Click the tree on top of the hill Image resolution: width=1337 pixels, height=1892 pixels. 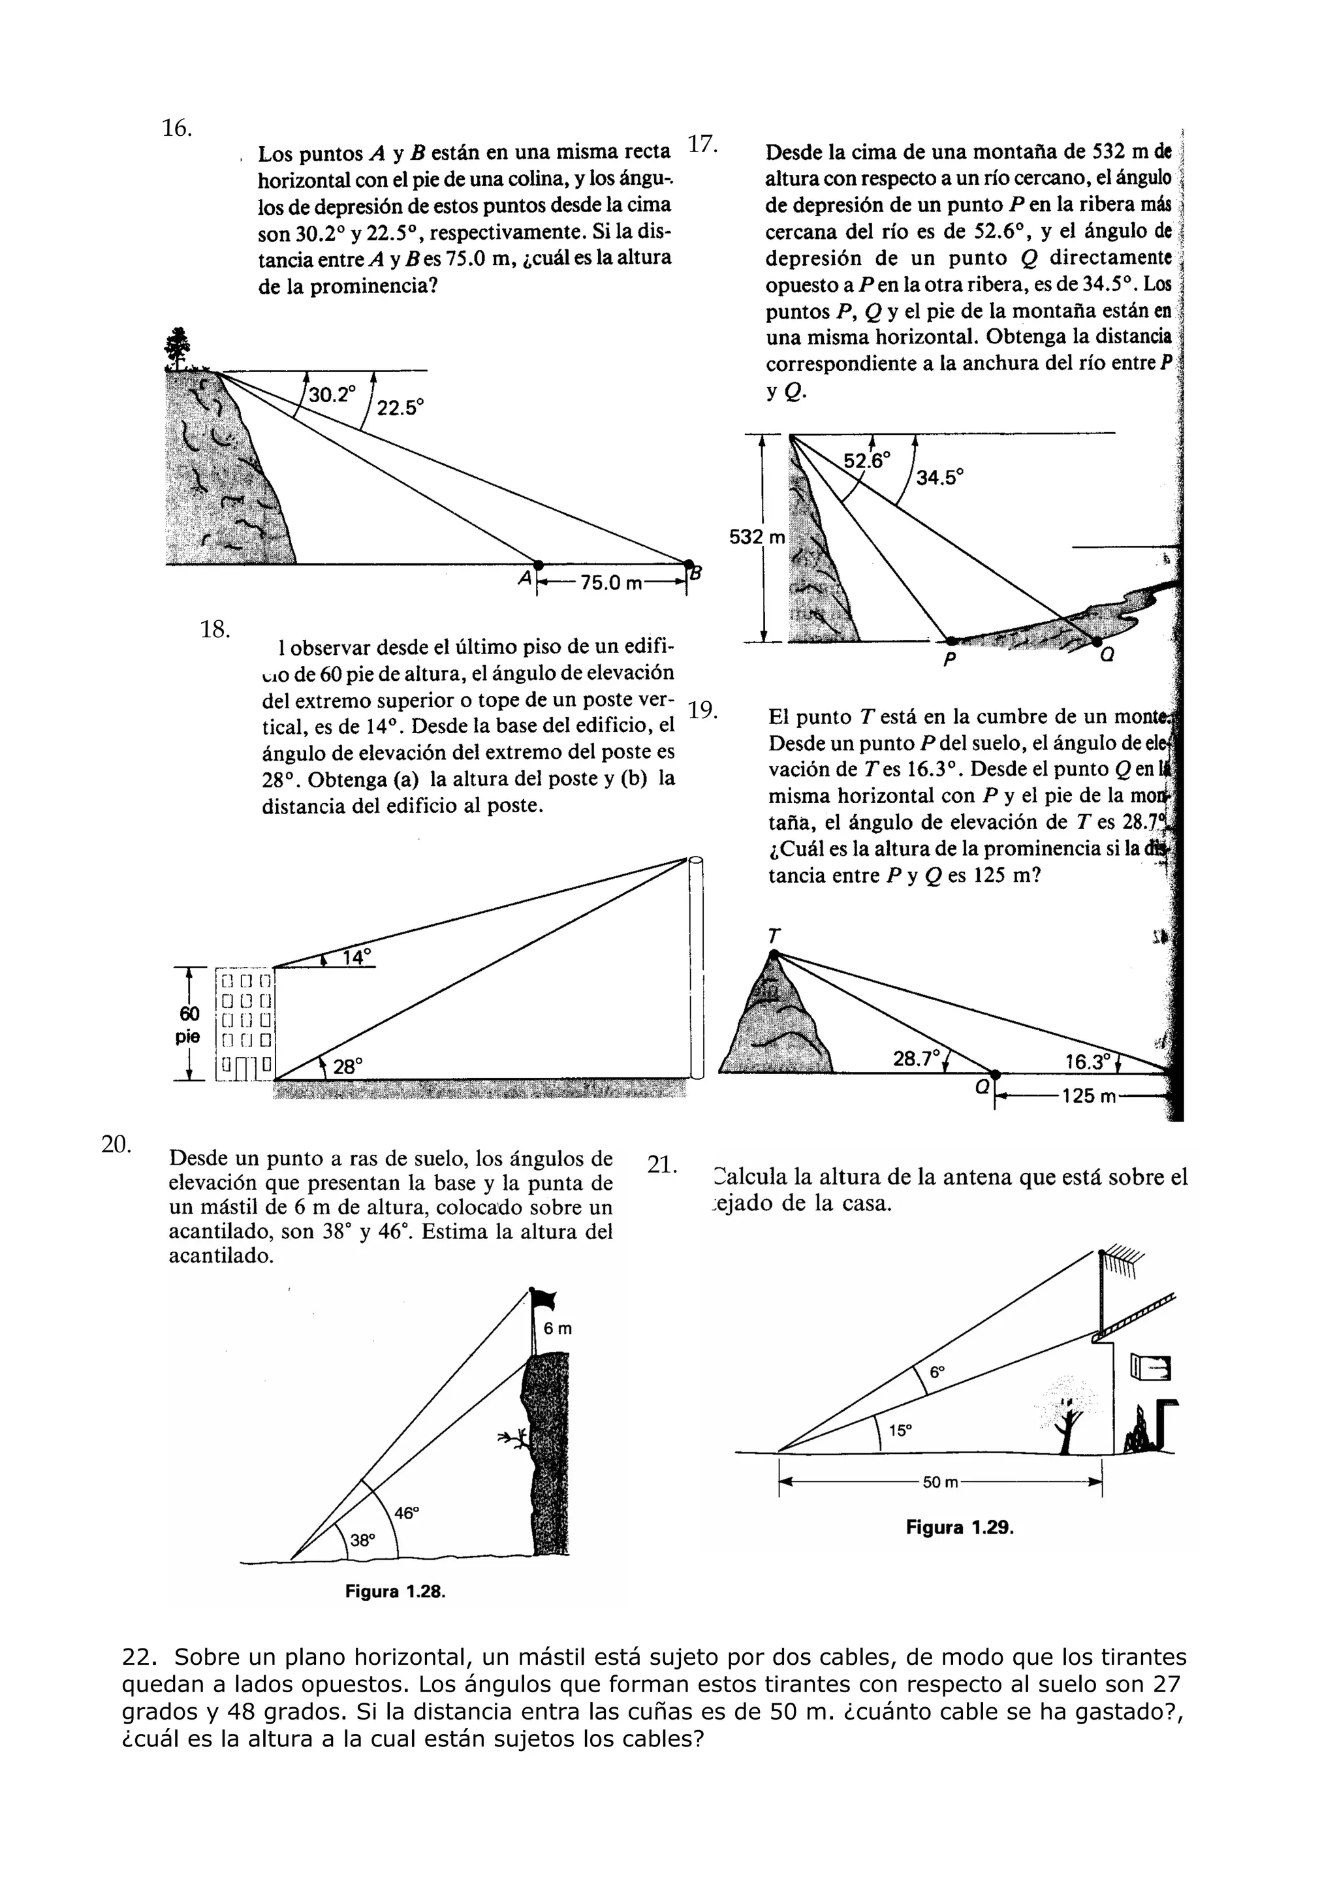[x=176, y=348]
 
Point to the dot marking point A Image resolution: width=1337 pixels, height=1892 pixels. [x=539, y=565]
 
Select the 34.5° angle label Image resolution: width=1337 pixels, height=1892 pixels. [x=940, y=477]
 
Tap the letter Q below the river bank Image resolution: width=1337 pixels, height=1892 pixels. [x=1107, y=657]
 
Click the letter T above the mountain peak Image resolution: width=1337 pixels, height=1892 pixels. [x=774, y=936]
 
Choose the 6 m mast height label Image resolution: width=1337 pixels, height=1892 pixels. [x=558, y=1329]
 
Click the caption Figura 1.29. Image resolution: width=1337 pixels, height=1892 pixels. [x=959, y=1527]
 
